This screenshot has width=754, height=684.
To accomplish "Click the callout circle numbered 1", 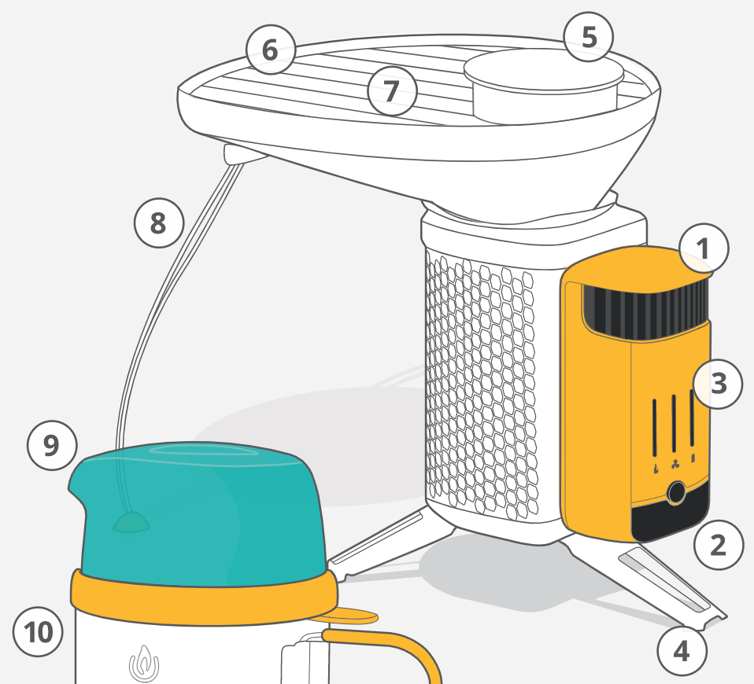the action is click(x=704, y=248).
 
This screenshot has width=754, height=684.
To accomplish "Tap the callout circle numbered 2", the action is click(x=719, y=545).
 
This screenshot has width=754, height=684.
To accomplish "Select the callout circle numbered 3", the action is click(x=718, y=384).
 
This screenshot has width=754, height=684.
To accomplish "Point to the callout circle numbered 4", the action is click(x=682, y=651).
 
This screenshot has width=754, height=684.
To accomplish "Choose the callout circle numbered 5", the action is click(x=589, y=37).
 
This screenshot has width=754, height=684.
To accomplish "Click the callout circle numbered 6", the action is click(x=270, y=50).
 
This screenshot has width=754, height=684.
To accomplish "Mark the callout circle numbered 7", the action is click(x=392, y=90).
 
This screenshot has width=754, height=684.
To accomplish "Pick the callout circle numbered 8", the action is click(x=159, y=222).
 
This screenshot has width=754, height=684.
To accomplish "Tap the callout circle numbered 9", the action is click(x=52, y=445).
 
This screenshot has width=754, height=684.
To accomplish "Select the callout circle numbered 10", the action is click(x=38, y=631).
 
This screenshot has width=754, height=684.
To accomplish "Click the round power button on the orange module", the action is click(x=676, y=492).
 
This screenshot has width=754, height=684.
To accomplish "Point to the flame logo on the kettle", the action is click(x=144, y=664).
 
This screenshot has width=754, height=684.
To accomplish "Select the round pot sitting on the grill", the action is click(x=544, y=86).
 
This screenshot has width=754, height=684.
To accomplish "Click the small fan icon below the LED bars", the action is click(x=675, y=465).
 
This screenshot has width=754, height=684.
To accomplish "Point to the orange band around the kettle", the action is click(x=205, y=599).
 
